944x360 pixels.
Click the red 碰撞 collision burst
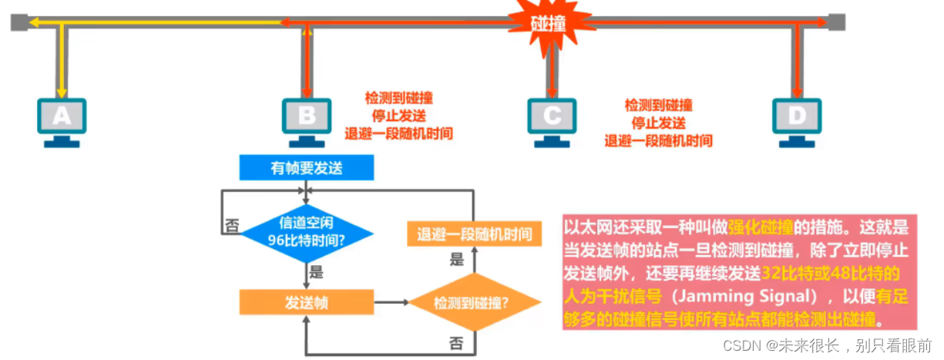(x=549, y=25)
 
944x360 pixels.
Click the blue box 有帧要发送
(x=306, y=167)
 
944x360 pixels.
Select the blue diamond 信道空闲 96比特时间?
(x=307, y=232)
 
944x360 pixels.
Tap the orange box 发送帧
(x=306, y=302)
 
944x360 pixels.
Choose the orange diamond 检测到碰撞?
(x=474, y=302)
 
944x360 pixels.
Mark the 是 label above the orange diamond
(x=456, y=260)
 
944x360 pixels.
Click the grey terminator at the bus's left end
(x=18, y=22)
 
